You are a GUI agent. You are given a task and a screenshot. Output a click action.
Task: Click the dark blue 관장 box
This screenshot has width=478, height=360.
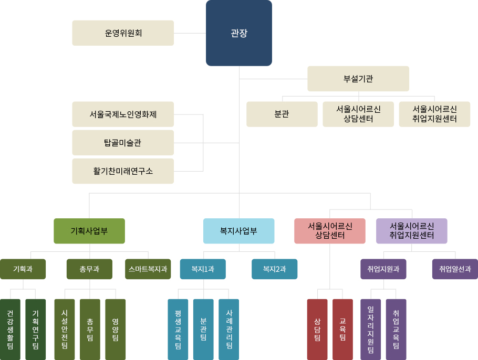pos(239,33)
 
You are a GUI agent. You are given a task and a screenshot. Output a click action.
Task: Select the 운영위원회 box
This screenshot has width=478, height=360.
pos(123,33)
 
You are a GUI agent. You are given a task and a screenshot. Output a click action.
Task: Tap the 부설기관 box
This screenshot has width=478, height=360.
pos(358,79)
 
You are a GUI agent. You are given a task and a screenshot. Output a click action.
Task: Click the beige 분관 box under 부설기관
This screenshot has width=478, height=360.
pos(282,114)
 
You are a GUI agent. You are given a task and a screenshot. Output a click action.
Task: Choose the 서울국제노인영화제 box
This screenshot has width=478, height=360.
pos(123,114)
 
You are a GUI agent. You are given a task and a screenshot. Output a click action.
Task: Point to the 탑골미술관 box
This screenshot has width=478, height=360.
pos(123,143)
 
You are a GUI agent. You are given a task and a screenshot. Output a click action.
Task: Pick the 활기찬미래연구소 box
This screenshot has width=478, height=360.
pos(123,171)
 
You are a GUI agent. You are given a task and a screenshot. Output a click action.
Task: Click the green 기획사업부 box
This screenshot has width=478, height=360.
pos(89,231)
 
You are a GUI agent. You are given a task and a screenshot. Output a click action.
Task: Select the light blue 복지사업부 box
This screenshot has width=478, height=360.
pos(239,231)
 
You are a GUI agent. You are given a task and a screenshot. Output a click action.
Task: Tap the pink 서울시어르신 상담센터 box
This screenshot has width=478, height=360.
pos(330,231)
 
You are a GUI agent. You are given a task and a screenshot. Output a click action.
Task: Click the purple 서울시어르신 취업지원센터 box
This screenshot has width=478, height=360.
pos(412,231)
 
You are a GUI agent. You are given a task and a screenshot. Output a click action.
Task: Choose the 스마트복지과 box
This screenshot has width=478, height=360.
pos(148,269)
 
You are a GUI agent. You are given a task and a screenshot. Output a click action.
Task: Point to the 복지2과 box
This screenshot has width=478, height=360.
pos(274,269)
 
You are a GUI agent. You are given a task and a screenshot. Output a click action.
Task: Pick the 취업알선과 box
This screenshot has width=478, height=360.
pos(455,269)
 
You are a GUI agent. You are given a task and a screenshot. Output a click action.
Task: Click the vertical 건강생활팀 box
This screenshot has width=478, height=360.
pos(10,330)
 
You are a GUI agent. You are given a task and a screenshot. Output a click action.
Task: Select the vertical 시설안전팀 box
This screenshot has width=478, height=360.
pos(64,330)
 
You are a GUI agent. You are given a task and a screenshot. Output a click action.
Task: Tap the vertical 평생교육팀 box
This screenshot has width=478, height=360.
pos(178,330)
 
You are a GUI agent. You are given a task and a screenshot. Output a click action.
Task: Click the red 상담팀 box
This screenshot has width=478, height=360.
pos(317,330)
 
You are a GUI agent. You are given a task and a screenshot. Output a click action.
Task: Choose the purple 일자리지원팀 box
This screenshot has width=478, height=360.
pos(370,330)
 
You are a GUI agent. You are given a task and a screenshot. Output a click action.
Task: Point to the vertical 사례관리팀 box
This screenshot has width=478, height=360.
pos(228,330)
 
